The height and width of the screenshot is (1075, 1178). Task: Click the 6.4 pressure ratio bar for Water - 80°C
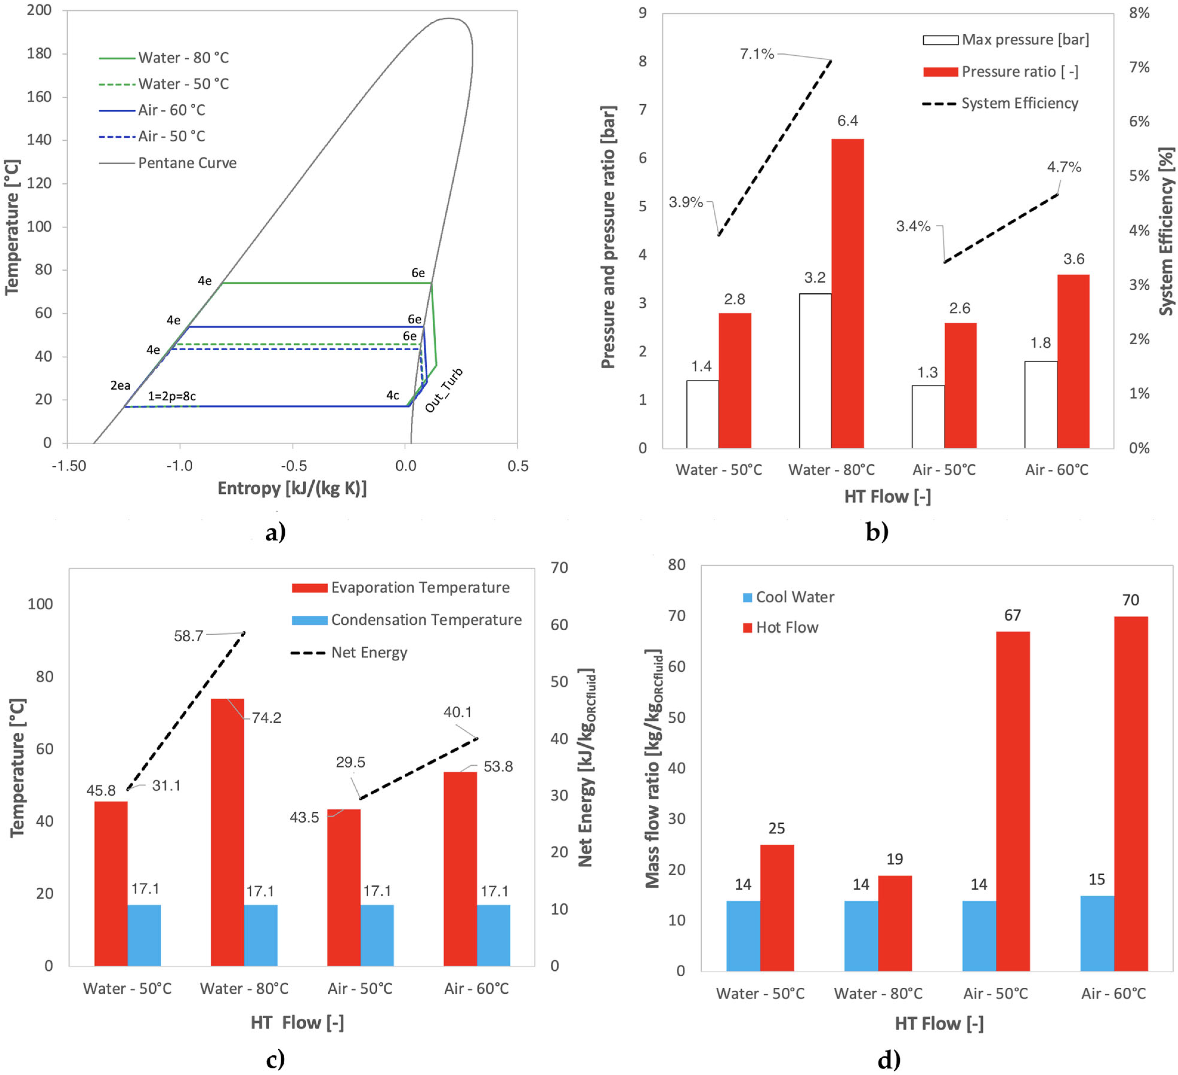[847, 292]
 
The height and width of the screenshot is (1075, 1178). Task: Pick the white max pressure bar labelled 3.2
[815, 371]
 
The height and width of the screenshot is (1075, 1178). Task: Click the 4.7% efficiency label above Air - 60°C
[1063, 167]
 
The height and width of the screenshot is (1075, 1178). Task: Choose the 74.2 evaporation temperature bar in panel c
[227, 830]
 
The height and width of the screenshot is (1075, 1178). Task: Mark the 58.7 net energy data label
[188, 636]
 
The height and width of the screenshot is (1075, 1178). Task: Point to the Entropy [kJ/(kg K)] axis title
[292, 488]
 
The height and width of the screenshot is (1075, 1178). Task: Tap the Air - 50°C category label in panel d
[995, 994]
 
